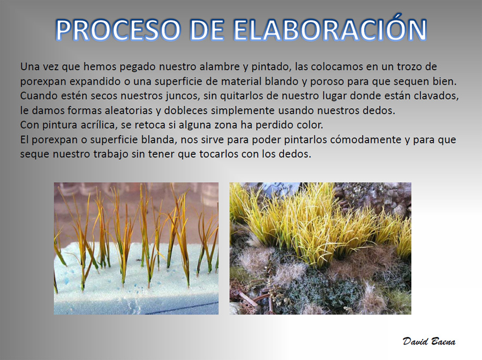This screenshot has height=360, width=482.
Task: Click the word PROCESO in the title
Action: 118,30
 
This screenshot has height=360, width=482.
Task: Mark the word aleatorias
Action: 129,110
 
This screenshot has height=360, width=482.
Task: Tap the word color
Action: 310,125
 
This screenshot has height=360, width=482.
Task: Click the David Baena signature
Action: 429,341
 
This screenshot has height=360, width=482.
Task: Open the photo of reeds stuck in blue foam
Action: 136,249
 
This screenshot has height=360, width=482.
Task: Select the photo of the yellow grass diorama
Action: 320,249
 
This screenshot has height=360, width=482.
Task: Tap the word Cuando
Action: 36,96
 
